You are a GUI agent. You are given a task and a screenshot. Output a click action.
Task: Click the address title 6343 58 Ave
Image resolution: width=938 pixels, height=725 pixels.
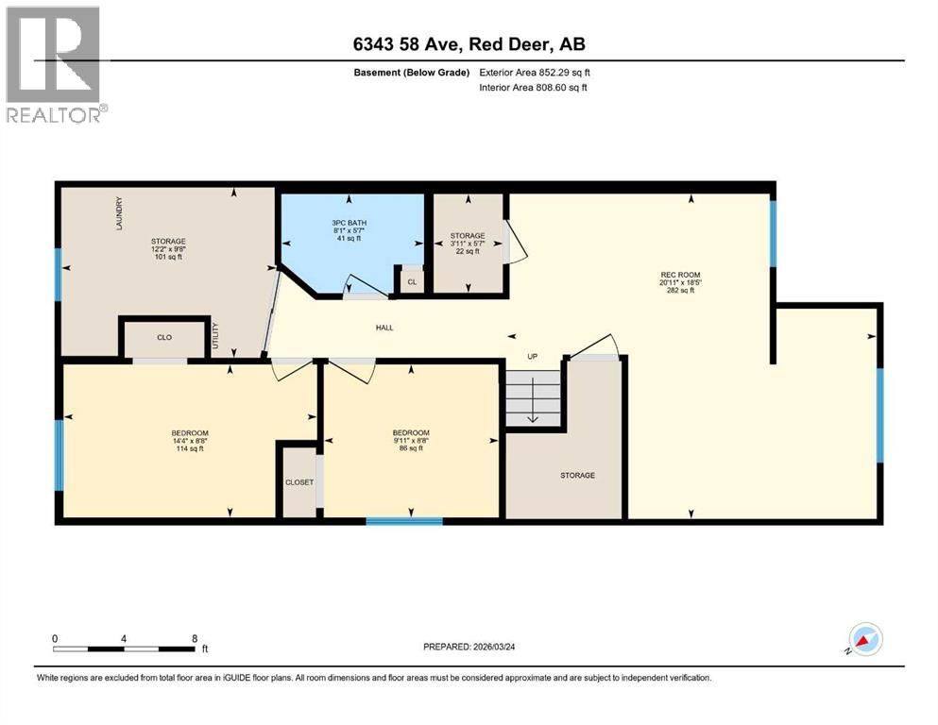(x=469, y=43)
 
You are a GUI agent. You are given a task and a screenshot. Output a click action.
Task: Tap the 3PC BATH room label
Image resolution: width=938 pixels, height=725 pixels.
(x=350, y=230)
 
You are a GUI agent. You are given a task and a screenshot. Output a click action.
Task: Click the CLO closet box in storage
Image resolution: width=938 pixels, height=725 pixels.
(x=163, y=336)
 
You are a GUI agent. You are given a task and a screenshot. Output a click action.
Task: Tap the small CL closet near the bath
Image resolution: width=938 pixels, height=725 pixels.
(x=412, y=281)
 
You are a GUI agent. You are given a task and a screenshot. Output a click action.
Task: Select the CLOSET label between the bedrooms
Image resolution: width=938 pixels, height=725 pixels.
(x=298, y=481)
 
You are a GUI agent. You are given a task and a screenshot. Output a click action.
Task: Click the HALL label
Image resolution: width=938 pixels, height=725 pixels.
(x=384, y=328)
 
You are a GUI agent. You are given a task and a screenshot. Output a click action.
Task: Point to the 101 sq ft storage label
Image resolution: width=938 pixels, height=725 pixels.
(x=168, y=248)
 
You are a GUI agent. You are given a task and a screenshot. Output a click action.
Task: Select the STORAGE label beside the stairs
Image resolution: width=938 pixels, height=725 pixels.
(x=576, y=475)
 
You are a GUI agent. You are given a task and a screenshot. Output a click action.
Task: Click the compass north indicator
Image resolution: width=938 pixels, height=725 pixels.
(x=865, y=639)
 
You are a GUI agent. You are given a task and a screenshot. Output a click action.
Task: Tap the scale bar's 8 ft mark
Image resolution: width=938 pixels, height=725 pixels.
(x=194, y=638)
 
